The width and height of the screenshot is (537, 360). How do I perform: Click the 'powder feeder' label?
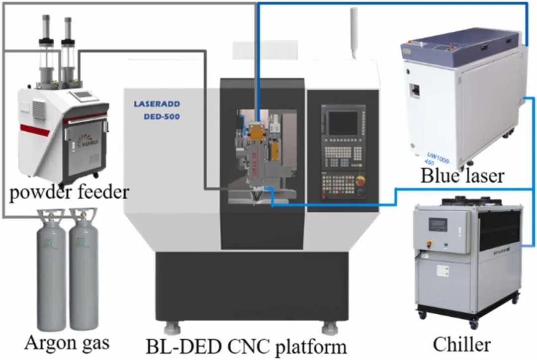[69, 192]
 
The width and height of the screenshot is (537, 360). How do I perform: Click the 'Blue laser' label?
[462, 176]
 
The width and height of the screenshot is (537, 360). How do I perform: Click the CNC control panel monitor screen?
[343, 123]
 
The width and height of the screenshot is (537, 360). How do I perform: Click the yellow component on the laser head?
[257, 132]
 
